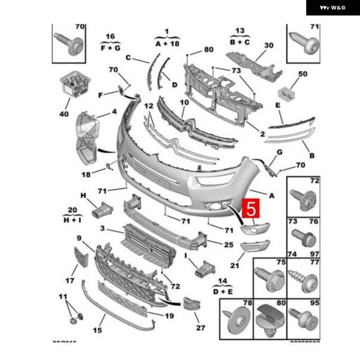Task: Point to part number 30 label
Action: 268,46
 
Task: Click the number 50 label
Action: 302,73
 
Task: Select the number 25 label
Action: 228,245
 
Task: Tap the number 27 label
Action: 200,328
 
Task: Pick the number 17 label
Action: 70,280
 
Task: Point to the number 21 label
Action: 234,265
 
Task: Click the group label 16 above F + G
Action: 110,37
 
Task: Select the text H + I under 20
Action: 73,220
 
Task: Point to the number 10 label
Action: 185,103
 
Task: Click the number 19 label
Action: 169,315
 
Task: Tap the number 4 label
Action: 114,112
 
